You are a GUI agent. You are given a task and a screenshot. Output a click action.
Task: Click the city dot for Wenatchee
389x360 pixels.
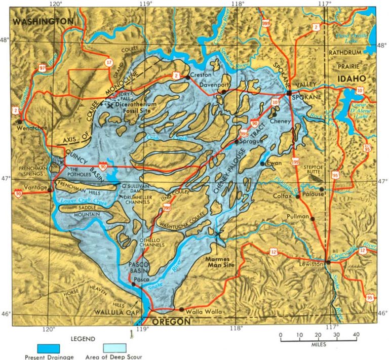(19, 122)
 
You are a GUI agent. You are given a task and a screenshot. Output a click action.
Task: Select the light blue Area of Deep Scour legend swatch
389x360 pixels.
(115, 348)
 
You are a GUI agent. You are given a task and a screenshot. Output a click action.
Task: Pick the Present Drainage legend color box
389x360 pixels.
(49, 348)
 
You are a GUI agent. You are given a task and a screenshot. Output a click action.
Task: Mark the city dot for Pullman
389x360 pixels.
(313, 219)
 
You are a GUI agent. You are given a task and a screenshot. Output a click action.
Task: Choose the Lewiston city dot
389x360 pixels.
(328, 262)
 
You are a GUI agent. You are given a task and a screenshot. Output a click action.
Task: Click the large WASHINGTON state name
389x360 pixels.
(44, 21)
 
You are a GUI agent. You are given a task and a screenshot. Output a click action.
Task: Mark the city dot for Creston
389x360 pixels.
(187, 77)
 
